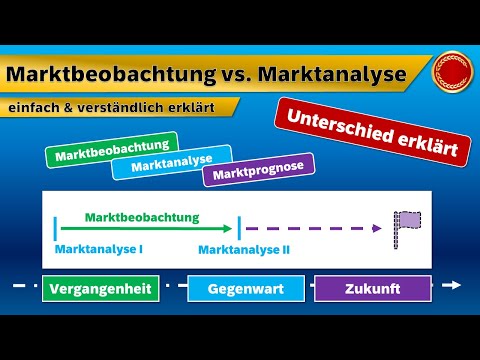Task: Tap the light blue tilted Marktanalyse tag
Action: [172, 164]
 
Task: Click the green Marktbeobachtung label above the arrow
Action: [142, 216]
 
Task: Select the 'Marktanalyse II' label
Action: [243, 249]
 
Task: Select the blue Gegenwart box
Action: [245, 288]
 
